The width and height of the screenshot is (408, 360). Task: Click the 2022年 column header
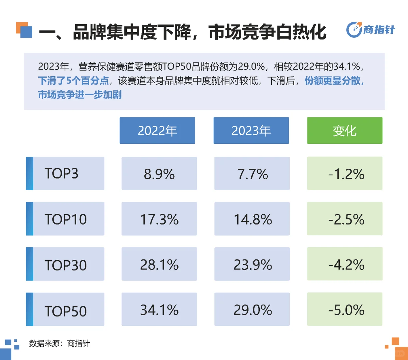tap(157, 131)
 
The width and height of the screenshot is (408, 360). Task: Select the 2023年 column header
tap(251, 131)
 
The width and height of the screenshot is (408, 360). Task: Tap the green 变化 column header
tap(345, 131)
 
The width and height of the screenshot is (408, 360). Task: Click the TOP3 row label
tap(65, 174)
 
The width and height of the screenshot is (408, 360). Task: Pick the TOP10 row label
tap(65, 219)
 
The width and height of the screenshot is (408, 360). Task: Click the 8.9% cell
tap(159, 174)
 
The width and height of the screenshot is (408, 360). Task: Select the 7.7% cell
tap(252, 174)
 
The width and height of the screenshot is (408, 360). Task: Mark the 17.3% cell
tap(159, 219)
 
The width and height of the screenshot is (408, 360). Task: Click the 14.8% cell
tap(252, 219)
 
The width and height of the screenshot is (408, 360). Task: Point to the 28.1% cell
tap(159, 264)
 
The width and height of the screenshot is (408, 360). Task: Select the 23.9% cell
tap(252, 264)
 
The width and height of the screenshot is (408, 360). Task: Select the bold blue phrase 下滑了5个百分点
tap(73, 81)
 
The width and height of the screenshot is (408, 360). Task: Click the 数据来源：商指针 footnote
tap(59, 343)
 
